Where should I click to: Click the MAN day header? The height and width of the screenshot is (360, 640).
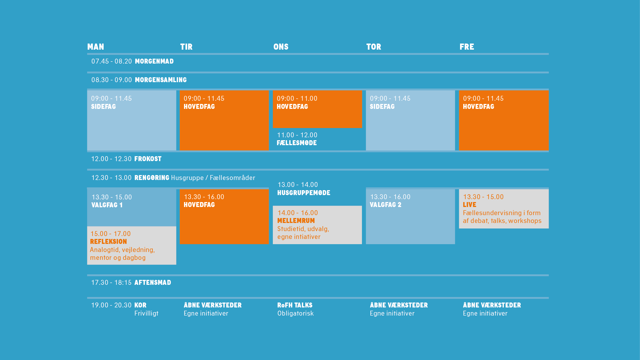[x=95, y=47]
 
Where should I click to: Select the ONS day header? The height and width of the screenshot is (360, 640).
[x=281, y=47]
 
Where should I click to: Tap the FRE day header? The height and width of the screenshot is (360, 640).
[x=467, y=47]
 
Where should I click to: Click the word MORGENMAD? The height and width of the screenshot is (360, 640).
[x=154, y=61]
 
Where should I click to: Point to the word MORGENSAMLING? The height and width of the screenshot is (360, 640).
[x=161, y=80]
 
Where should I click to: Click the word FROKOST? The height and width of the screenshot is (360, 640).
[x=148, y=159]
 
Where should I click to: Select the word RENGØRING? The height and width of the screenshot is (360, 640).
[x=152, y=178]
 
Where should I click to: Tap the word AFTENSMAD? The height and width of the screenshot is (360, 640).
[x=153, y=282]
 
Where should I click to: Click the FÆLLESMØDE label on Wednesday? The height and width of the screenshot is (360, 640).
[x=297, y=143]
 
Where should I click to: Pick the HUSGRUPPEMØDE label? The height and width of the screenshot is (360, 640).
[x=304, y=193]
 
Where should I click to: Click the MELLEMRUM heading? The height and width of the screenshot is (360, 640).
[x=296, y=221]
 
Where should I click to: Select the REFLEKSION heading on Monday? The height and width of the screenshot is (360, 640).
[x=109, y=242]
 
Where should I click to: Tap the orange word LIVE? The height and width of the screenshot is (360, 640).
[x=470, y=205]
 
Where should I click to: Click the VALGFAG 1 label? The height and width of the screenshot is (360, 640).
[x=107, y=205]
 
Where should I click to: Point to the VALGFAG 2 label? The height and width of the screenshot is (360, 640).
[x=385, y=205]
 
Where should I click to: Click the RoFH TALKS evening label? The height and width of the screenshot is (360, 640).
[x=295, y=305]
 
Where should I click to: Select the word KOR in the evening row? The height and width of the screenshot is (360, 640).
[x=140, y=305]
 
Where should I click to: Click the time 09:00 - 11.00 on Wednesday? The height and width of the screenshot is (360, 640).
[x=297, y=98]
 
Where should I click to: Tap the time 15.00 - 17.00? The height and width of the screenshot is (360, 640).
[x=111, y=234]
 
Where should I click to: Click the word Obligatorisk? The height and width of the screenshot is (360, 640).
[x=295, y=314]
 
